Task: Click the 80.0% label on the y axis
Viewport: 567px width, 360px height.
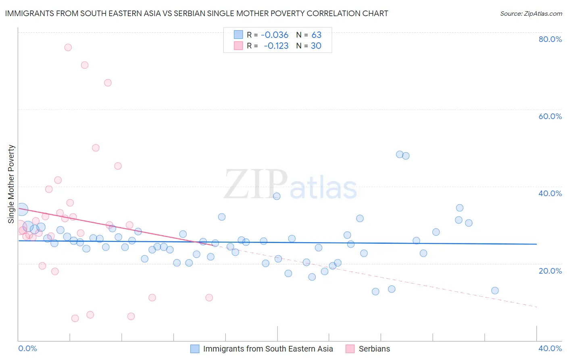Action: coord(550,39)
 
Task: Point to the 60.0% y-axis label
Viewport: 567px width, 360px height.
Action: coord(550,116)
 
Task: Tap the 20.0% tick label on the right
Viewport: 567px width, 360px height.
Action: coord(550,270)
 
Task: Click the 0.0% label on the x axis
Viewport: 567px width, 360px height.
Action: coord(28,348)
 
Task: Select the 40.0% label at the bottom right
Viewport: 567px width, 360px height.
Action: coord(550,348)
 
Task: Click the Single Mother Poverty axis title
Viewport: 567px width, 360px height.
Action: coord(11,184)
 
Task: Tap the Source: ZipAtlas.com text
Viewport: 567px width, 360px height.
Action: coord(531,13)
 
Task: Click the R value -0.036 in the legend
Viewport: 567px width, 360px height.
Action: coord(274,35)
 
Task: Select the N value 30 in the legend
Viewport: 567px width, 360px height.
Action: coord(316,46)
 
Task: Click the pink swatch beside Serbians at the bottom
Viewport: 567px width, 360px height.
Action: coord(350,349)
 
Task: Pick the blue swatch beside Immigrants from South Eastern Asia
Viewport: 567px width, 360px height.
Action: coord(195,349)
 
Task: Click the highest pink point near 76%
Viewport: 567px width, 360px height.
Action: coord(68,48)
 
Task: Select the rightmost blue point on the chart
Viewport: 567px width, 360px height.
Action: coord(495,291)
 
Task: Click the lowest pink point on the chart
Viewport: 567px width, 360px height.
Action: coord(75,318)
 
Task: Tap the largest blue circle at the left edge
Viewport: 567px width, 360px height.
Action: coord(22,209)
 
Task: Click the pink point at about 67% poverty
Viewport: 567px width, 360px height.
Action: coord(108,83)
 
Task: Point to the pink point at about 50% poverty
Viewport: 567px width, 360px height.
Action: coord(96,148)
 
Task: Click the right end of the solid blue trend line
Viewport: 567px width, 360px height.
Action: coord(536,244)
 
